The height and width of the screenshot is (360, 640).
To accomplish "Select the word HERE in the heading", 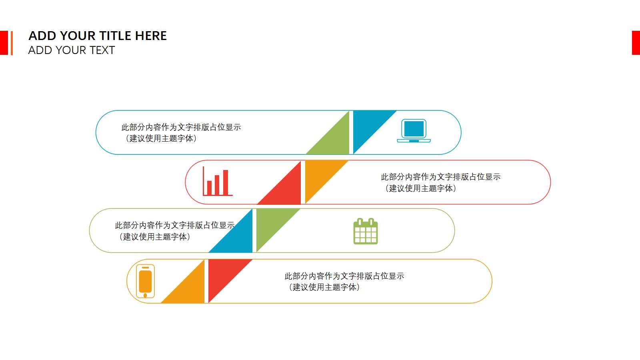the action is pyautogui.click(x=151, y=36).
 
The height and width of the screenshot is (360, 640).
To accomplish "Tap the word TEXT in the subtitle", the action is pyautogui.click(x=102, y=50).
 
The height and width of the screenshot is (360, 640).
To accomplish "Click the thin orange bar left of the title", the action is pyautogui.click(x=12, y=43).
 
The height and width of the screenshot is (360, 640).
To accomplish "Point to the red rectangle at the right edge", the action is pyautogui.click(x=636, y=42).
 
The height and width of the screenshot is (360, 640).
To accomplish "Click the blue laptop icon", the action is pyautogui.click(x=414, y=130).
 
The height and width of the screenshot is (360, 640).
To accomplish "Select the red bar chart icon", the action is pyautogui.click(x=218, y=181).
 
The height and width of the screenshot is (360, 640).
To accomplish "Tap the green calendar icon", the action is pyautogui.click(x=366, y=231).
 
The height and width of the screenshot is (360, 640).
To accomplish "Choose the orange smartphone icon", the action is pyautogui.click(x=146, y=281).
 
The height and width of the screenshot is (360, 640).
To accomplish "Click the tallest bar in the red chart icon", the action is pyautogui.click(x=226, y=182).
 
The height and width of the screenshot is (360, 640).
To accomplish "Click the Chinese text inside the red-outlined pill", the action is pyautogui.click(x=440, y=182).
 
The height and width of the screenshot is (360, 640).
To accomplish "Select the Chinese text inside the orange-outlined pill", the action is pyautogui.click(x=344, y=282).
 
